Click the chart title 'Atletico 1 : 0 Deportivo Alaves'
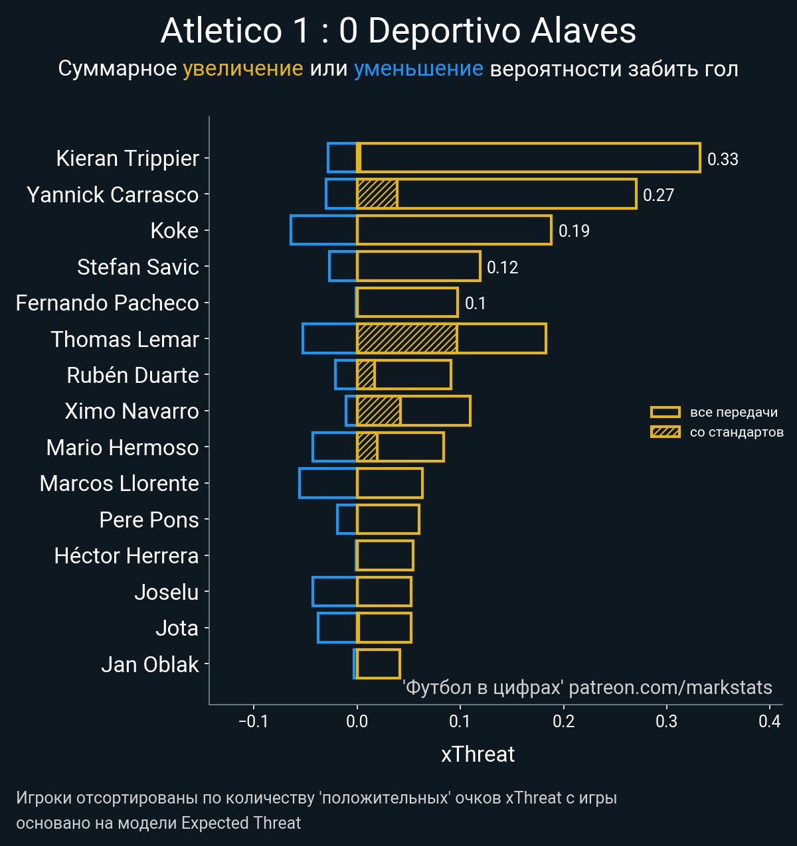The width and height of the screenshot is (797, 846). coord(398,31)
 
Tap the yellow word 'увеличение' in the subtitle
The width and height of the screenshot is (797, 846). coord(242,69)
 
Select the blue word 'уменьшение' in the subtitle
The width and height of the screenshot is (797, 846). coord(418,69)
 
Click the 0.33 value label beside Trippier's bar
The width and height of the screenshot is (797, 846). coord(723,159)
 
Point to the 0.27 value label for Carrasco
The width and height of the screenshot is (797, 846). coord(658,195)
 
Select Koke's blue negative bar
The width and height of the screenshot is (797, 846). coord(323,230)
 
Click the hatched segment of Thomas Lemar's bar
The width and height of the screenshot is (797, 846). coord(406,338)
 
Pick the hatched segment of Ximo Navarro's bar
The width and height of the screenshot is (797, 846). coord(379,411)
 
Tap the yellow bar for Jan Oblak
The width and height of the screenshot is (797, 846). coord(379,664)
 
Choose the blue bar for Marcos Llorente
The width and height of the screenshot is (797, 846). coord(328,483)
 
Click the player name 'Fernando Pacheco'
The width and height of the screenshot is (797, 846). coord(108,303)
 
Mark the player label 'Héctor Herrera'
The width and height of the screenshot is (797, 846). coord(126,556)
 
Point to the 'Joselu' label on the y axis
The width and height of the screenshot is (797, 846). coord(167,592)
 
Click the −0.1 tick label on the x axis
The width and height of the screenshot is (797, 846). coord(253,721)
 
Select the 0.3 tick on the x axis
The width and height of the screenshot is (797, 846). coord(666,721)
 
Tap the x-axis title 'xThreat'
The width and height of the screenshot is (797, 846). coord(478,754)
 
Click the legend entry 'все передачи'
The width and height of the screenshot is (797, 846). coord(733,412)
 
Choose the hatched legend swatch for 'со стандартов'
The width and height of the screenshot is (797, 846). coord(665,432)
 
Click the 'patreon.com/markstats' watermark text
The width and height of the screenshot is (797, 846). coord(671,687)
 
